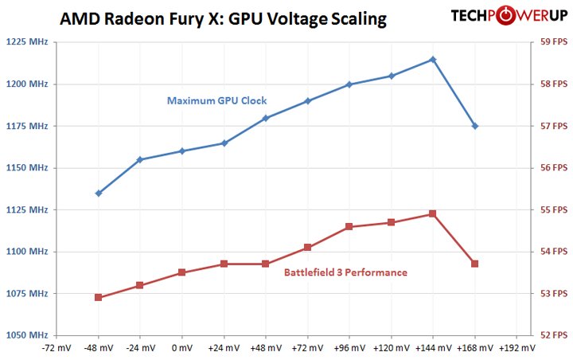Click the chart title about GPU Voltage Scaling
point(224,19)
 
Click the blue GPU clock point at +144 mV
point(433,59)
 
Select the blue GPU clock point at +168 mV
point(475,126)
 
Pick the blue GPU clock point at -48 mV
point(98,193)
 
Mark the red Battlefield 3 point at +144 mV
point(433,213)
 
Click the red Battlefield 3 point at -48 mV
point(98,297)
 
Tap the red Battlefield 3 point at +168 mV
point(475,264)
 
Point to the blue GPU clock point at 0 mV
point(182,151)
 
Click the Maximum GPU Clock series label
point(216,101)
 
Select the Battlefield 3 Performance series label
point(345,272)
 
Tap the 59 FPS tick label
point(549,42)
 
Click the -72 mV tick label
point(56,348)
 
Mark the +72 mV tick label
point(307,348)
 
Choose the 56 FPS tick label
point(549,168)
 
